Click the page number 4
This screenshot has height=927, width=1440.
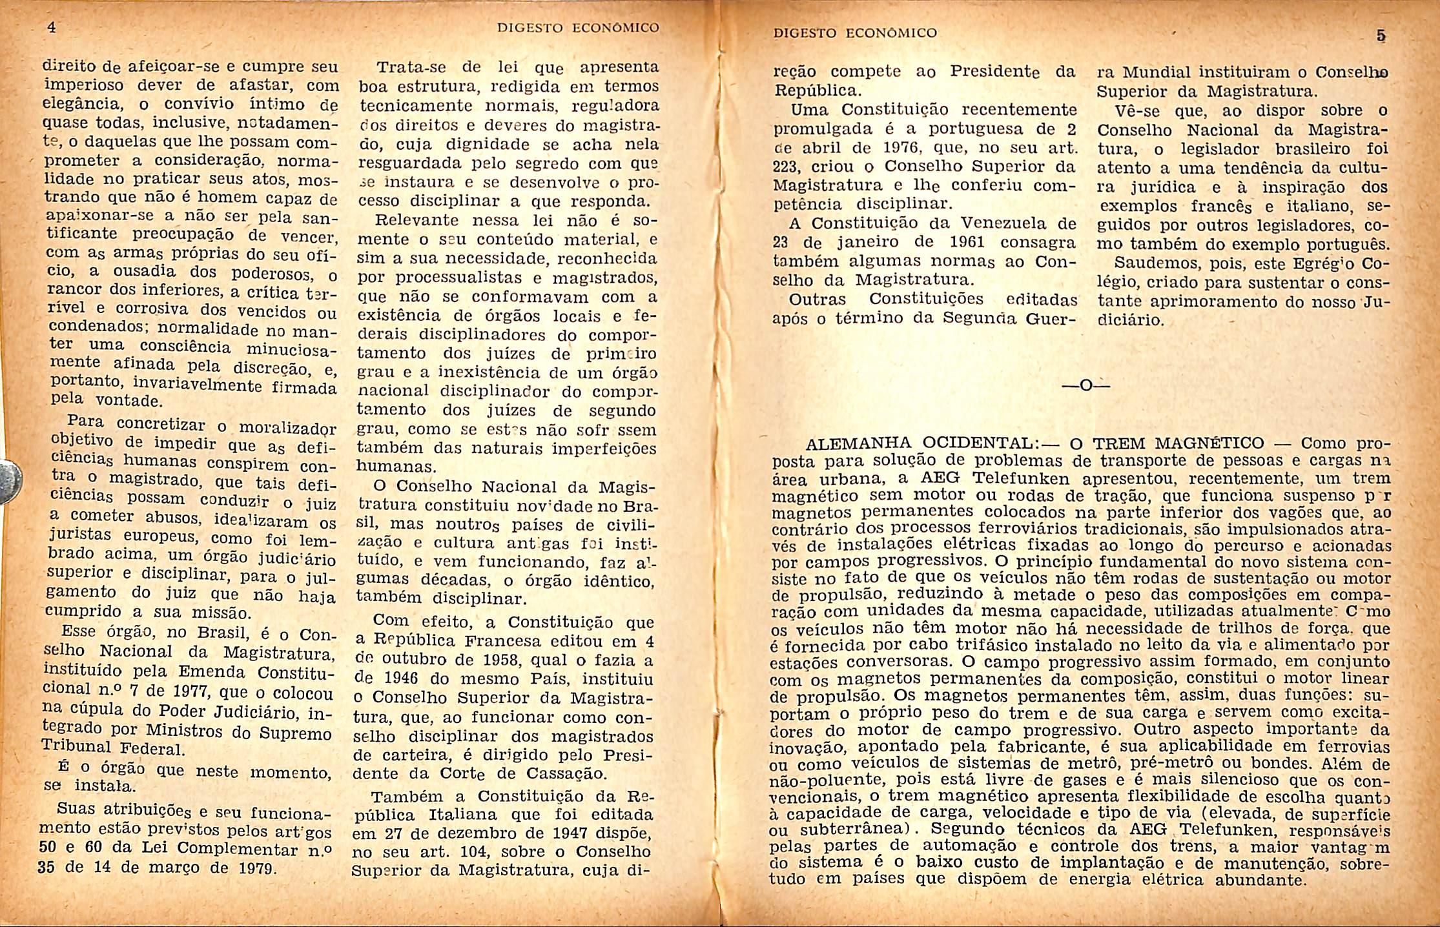52,28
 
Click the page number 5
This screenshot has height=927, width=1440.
1381,36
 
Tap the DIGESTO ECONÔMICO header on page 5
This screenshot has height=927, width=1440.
855,32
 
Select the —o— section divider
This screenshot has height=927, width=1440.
1085,386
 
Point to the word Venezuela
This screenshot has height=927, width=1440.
1007,224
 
